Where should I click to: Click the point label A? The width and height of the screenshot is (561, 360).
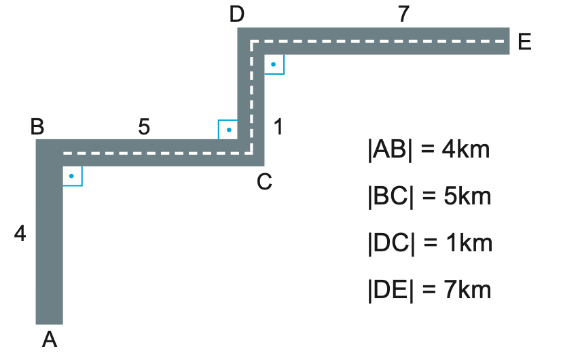49,339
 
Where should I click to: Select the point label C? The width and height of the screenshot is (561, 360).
264,181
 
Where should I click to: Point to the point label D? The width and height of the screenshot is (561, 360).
236,14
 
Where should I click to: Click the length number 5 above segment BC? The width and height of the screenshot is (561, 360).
143,126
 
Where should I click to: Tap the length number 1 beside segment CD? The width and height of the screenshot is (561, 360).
278,126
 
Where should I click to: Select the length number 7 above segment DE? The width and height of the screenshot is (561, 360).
403,14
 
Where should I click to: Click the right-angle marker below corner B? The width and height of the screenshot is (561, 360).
72,176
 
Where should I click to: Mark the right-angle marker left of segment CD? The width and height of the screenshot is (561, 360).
228,129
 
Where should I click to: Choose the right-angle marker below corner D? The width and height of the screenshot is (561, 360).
273,64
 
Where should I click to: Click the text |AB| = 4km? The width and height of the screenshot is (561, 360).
428,149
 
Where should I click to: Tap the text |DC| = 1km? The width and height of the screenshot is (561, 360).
428,243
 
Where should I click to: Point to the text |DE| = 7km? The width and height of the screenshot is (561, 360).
428,290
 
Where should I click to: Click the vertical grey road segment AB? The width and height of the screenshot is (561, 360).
49,245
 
